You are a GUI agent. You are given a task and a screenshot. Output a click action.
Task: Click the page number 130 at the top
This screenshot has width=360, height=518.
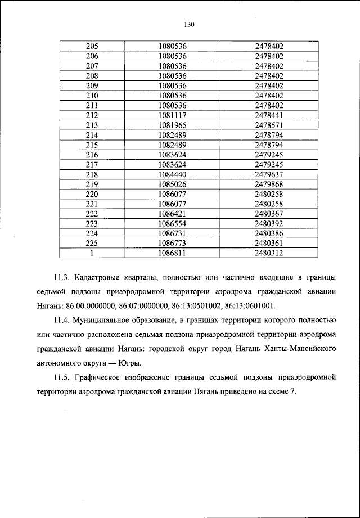[x=188, y=24]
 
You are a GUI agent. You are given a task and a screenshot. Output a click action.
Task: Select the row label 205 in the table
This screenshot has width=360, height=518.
[x=92, y=47]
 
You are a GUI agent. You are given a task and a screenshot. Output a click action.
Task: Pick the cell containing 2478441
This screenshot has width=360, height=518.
[x=269, y=115]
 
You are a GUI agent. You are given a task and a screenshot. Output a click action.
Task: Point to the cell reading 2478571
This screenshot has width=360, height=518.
[x=269, y=125]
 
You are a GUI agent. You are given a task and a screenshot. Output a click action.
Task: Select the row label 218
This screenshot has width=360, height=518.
[x=92, y=174]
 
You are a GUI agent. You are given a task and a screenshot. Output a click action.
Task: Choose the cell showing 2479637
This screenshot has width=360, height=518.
[x=269, y=174]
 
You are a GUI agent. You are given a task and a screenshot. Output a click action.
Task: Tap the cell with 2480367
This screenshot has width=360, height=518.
[x=269, y=214]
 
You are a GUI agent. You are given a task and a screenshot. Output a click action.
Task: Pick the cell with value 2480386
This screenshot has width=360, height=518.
[x=269, y=233]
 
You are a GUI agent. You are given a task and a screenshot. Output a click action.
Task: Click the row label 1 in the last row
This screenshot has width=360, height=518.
[x=92, y=254]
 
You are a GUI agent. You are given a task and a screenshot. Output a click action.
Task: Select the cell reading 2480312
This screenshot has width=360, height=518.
[x=269, y=254]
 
